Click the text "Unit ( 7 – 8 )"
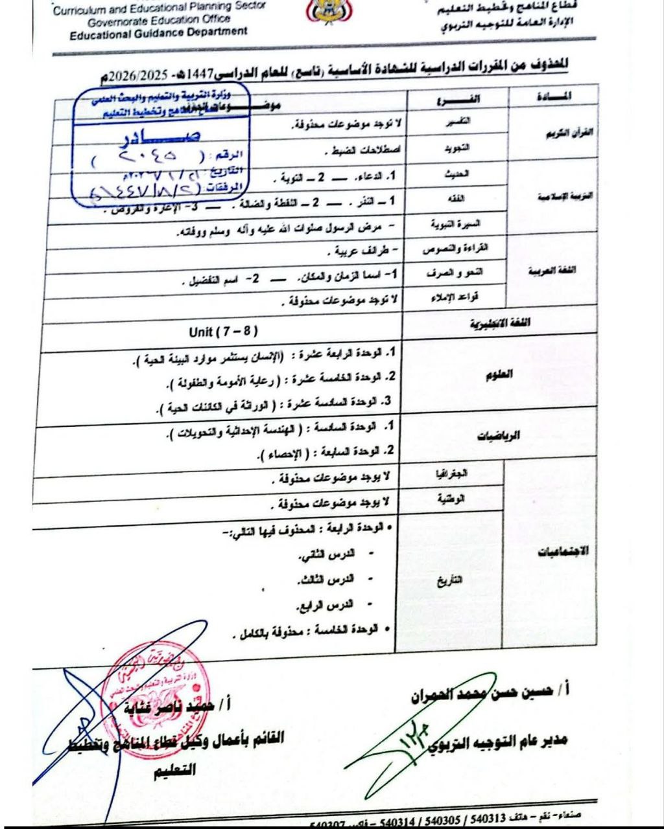[223, 332]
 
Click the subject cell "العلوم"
[499, 374]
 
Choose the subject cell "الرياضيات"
[499, 436]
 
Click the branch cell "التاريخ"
[450, 580]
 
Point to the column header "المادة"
[554, 97]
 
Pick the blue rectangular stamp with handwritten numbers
[159, 146]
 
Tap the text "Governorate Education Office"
[159, 19]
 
